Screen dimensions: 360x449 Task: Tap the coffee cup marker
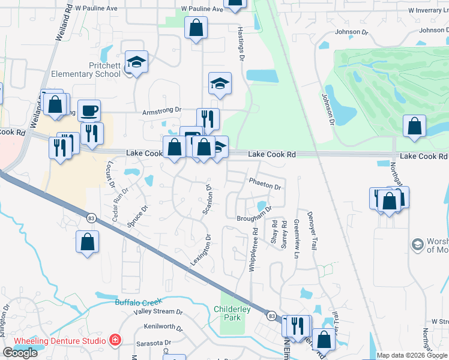coord(89,110)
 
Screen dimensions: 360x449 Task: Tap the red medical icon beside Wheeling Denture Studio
coord(115,341)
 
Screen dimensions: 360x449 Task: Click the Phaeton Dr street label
coord(264,187)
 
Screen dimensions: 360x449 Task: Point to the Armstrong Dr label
coord(161,110)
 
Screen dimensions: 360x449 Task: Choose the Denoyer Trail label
coord(312,230)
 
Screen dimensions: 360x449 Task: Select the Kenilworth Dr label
coord(163,327)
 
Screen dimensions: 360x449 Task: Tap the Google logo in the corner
coord(20,353)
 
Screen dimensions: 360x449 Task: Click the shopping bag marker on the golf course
coord(414,127)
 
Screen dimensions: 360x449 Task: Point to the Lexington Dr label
coord(201,250)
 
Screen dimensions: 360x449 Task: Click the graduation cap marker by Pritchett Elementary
coord(136,62)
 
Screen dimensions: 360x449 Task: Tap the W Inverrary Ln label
coord(428,11)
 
